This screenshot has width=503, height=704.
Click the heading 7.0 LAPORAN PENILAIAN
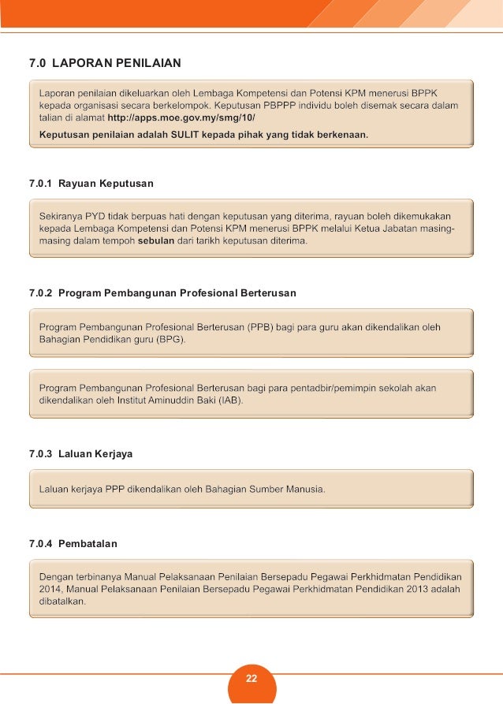pyautogui.click(x=105, y=61)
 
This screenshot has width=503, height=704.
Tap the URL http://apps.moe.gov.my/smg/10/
pyautogui.click(x=181, y=118)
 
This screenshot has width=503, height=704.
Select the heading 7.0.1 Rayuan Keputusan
pyautogui.click(x=91, y=184)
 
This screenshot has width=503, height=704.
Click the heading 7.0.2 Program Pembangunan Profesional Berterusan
pyautogui.click(x=162, y=293)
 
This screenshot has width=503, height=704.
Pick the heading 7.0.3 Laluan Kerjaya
pyautogui.click(x=80, y=455)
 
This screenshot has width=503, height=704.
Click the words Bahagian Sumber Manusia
pyautogui.click(x=264, y=489)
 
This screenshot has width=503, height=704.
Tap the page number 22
pyautogui.click(x=251, y=679)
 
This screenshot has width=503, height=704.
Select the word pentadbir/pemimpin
pyautogui.click(x=339, y=388)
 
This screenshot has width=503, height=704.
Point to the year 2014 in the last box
pyautogui.click(x=51, y=588)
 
